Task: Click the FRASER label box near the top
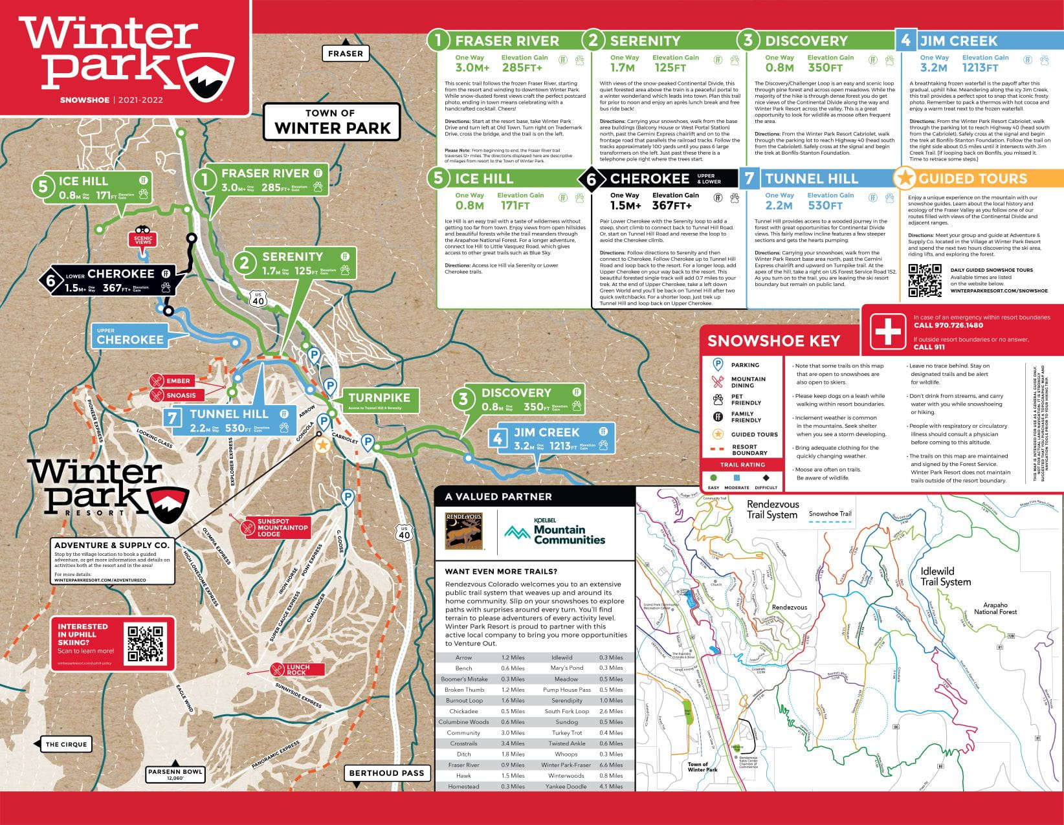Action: tap(346, 54)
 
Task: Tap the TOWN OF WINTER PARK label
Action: tap(332, 122)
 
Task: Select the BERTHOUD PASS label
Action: tap(386, 773)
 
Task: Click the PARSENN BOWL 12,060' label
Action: tap(175, 774)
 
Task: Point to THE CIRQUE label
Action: tap(66, 744)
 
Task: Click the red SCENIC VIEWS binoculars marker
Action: tap(143, 237)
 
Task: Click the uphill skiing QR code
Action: tap(146, 643)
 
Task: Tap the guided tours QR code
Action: tap(925, 280)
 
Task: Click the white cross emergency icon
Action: tap(887, 331)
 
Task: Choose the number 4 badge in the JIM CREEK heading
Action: tap(905, 40)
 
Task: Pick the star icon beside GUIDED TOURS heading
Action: tap(904, 178)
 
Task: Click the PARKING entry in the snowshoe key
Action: tap(744, 365)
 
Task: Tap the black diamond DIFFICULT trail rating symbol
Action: tap(766, 478)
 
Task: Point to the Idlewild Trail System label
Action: tap(945, 577)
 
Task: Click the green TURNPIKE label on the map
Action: tap(379, 399)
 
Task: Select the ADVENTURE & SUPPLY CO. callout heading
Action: tap(111, 545)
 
